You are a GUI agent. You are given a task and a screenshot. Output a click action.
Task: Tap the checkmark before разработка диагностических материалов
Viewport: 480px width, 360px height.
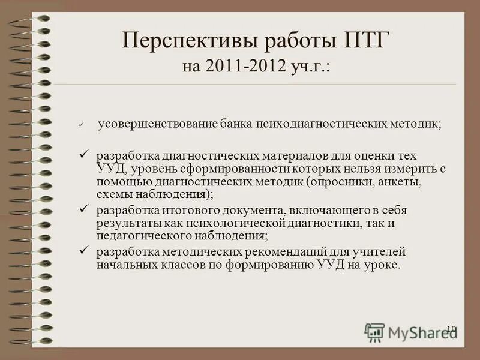click(x=83, y=155)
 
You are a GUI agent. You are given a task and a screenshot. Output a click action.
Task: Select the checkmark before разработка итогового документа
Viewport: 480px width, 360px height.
click(x=83, y=209)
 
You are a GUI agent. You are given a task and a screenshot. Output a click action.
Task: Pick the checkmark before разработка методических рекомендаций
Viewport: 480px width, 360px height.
click(x=83, y=250)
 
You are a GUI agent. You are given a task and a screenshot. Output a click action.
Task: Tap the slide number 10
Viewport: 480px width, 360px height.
click(x=451, y=328)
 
